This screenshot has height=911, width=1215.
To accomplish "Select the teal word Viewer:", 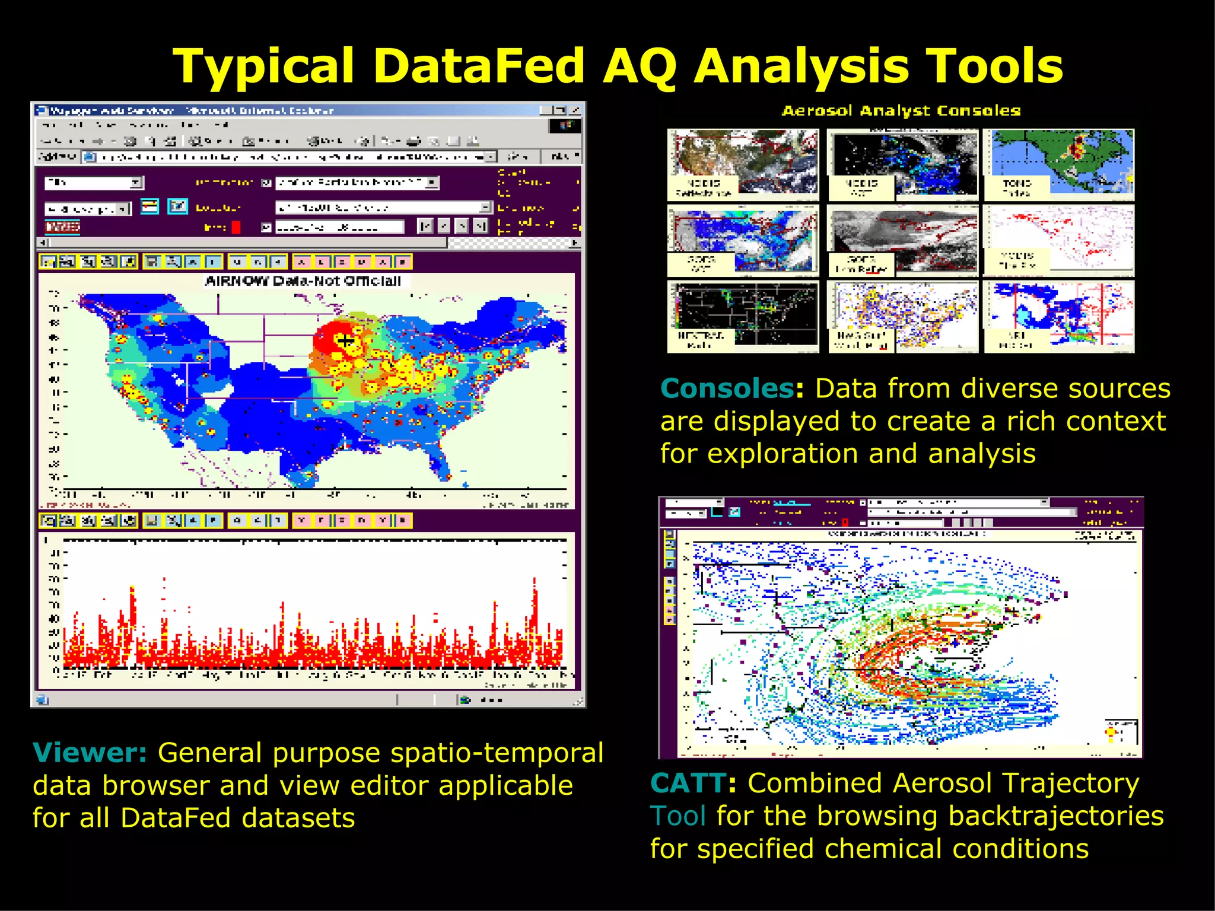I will tap(90, 753).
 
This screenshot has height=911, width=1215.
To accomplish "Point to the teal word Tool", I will tap(678, 816).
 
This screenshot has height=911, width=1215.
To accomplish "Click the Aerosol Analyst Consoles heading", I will tap(901, 111).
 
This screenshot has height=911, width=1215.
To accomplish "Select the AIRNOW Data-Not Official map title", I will tap(303, 281).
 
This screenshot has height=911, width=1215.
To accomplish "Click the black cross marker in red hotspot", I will tap(345, 340).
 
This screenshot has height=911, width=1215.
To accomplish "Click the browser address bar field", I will tap(291, 157).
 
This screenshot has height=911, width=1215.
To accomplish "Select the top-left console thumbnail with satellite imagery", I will tap(743, 164).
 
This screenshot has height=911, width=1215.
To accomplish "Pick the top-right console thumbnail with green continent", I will tap(1059, 164).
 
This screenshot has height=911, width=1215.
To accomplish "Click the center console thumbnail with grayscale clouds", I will tap(902, 240).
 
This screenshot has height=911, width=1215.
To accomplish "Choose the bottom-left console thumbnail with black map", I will tap(743, 317).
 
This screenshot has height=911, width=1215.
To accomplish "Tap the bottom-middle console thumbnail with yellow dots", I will tap(902, 317).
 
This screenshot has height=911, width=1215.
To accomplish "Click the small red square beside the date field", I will tap(236, 227).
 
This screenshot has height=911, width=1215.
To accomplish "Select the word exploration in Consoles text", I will tap(783, 454).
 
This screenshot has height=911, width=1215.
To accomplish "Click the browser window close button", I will tap(575, 110).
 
